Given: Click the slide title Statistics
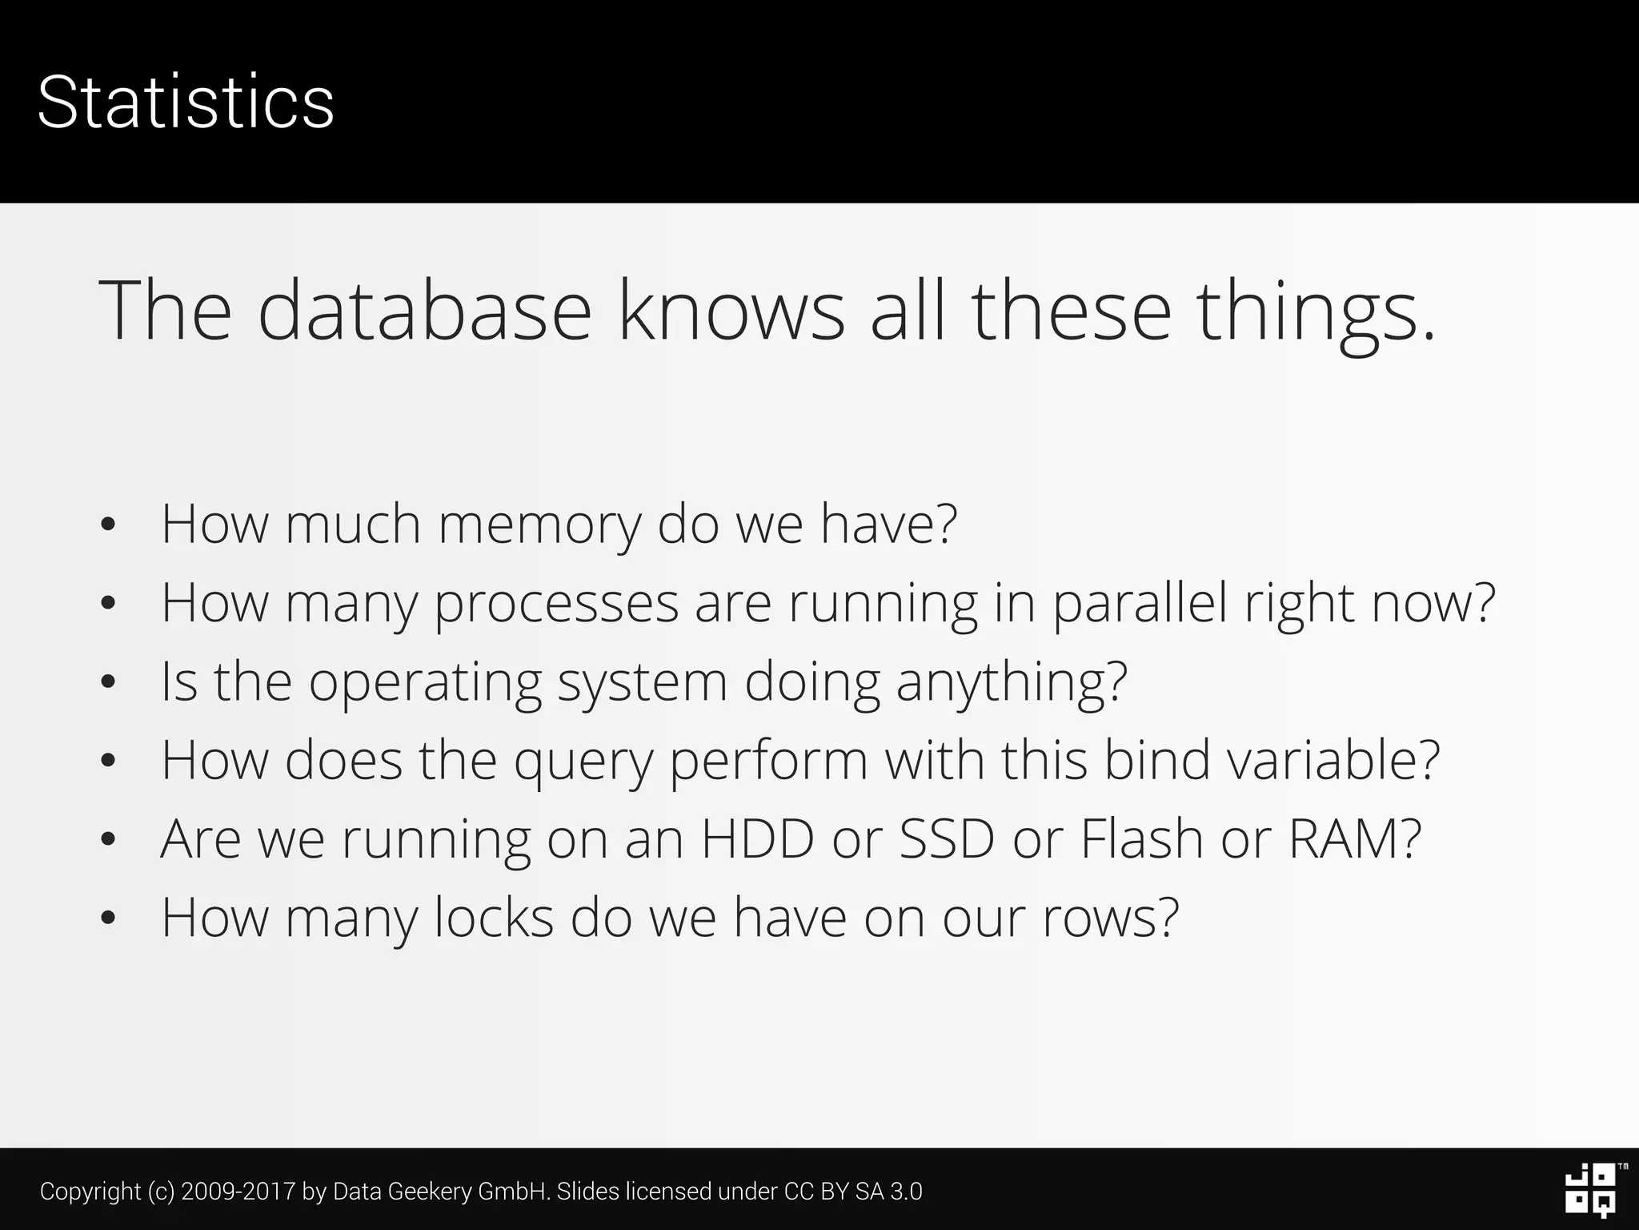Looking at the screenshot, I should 186,102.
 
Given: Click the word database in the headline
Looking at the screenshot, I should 424,311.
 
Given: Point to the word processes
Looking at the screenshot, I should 556,604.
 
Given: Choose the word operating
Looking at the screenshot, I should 425,682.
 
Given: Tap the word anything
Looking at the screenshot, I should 1011,682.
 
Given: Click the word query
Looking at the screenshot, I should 583,761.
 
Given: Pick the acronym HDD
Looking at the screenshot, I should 757,839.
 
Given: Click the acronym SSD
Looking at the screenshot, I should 947,839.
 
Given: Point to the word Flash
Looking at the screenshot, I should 1142,839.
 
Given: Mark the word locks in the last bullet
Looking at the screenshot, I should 494,918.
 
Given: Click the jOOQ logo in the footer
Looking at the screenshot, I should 1590,1191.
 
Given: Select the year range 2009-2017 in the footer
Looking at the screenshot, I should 238,1192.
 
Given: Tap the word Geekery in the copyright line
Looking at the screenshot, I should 430,1192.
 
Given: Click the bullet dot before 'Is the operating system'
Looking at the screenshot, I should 109,683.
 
